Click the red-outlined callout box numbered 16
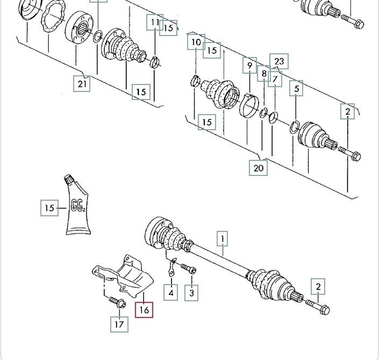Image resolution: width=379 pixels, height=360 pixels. tap(144, 310)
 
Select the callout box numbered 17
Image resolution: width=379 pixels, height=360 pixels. tap(119, 324)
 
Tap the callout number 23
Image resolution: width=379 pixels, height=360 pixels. tap(279, 61)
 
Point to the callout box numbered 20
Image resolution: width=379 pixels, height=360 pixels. tap(258, 168)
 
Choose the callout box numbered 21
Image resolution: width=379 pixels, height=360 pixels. tap(82, 84)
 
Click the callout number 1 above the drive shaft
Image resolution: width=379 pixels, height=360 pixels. tap(223, 239)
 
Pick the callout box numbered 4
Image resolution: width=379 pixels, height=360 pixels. tap(170, 293)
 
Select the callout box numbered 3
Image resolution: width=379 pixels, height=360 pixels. tap(191, 293)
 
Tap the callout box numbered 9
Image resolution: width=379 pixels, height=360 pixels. tap(249, 65)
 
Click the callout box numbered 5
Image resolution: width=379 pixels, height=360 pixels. tap(296, 88)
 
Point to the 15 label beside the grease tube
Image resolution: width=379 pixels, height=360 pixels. tap(49, 208)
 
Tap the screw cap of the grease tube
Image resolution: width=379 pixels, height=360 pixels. tap(69, 179)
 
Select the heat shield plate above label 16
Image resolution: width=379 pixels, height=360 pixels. tap(123, 276)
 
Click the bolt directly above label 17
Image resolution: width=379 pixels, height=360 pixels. tap(117, 302)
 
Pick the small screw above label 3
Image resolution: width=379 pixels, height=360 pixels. tap(189, 269)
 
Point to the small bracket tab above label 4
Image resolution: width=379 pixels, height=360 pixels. tap(172, 267)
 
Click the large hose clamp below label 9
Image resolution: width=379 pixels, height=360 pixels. tap(249, 105)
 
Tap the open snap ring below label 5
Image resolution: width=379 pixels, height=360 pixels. tap(295, 127)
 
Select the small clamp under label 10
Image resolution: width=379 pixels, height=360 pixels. tap(195, 81)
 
